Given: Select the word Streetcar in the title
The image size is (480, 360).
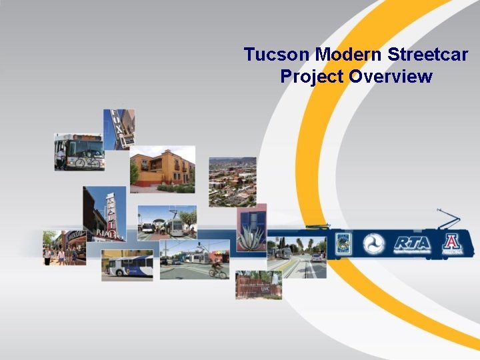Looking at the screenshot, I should [x=433, y=55].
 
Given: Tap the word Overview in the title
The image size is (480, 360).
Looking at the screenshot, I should [x=391, y=77].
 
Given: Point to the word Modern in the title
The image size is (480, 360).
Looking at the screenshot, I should [x=347, y=55].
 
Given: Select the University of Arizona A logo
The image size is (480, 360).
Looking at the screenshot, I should [x=451, y=243].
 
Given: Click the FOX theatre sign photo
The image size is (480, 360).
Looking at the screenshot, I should [x=119, y=129].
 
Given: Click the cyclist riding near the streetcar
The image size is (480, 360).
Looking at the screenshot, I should [x=217, y=269].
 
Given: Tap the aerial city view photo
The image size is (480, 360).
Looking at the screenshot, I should [x=232, y=181].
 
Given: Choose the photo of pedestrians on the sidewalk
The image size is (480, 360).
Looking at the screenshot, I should [x=64, y=248].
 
